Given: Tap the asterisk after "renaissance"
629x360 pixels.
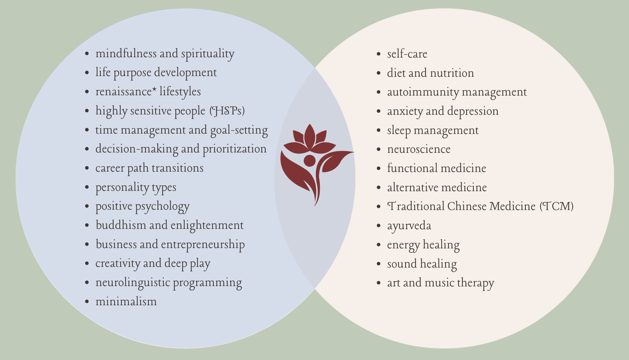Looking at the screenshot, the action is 154,90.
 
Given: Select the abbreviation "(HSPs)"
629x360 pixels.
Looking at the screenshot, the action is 227,111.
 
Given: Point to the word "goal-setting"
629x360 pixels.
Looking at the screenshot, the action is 239,130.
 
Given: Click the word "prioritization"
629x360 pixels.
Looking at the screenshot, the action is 234,149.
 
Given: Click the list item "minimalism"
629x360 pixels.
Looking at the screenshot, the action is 126,301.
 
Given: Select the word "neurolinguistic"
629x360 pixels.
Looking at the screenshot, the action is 133,283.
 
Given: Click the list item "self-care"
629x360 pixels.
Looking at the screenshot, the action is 407,54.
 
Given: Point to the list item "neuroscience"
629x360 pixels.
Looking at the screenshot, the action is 418,149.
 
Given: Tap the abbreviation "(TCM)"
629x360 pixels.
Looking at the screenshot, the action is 556,207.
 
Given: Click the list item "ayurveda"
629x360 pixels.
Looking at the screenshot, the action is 409,226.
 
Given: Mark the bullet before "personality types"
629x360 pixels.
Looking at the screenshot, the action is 87,187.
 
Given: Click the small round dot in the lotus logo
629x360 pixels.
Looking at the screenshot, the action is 309,161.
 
